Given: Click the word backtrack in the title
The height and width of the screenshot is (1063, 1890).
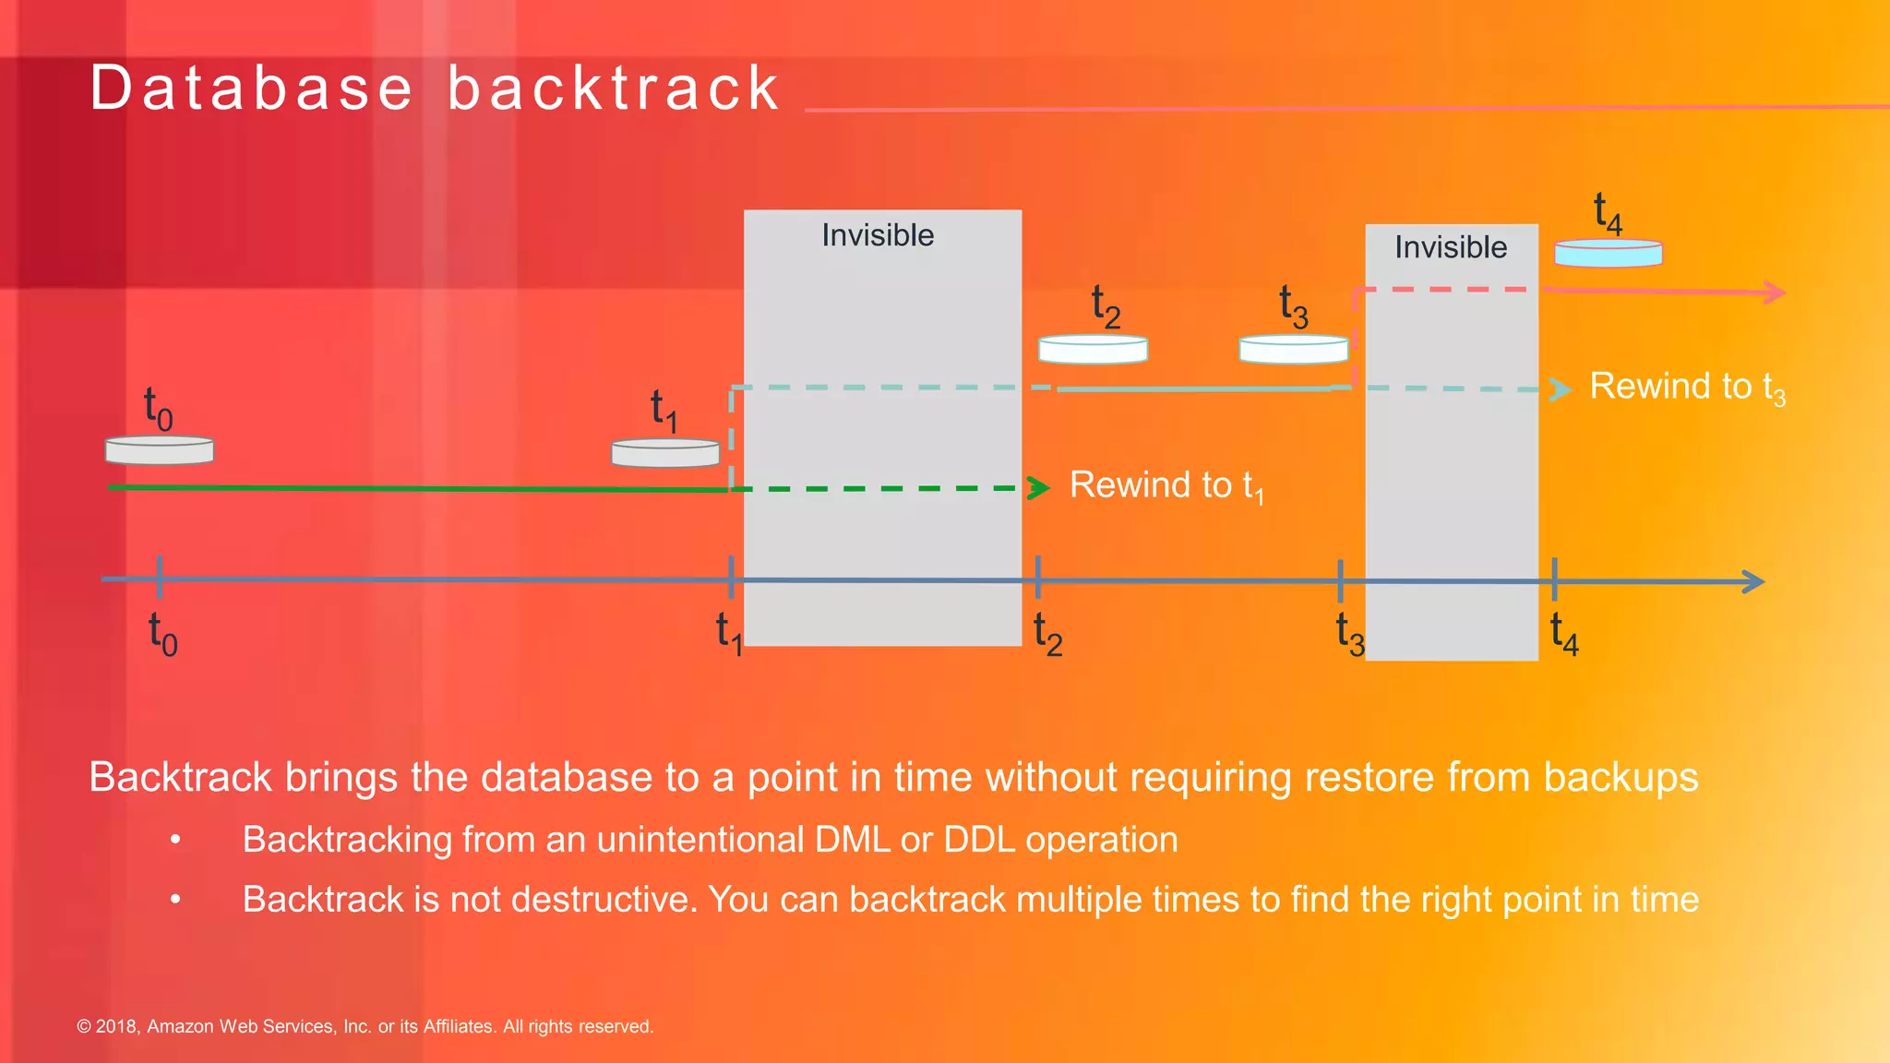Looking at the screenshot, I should coord(614,89).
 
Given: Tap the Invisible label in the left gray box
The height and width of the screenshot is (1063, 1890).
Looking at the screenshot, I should coord(878,235).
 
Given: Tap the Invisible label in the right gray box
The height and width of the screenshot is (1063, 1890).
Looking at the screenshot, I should coord(1451,247).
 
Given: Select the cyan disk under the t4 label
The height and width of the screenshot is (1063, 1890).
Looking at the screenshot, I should coord(1609,254).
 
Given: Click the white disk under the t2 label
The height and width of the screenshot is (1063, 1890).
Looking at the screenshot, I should coord(1093,350).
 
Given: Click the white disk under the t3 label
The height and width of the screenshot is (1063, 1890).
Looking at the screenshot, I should coord(1293,350).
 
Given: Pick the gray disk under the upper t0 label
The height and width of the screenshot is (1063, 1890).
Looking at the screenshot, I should coord(160,450).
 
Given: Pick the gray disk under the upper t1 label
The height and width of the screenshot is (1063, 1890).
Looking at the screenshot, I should coord(665,453).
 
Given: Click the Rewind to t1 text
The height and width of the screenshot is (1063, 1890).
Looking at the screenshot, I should coord(1166,485).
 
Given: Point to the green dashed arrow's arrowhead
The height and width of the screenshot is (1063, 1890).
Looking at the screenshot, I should coord(1040,487).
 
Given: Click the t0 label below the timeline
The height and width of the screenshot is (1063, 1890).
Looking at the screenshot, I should coord(162,634).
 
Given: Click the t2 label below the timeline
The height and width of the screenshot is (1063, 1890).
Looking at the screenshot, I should coord(1047,634).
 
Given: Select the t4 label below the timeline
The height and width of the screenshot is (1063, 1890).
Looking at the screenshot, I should coord(1564,634).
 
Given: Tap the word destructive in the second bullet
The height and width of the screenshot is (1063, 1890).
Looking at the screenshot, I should coord(600,900).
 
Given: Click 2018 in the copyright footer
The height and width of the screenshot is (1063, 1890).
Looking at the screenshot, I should coord(117,1027).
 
